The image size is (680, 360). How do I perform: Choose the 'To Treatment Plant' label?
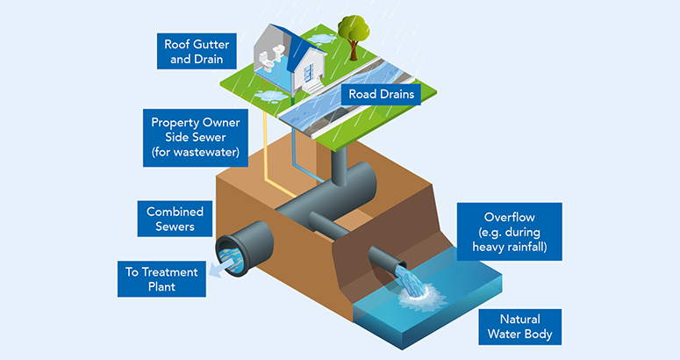pyautogui.click(x=161, y=277)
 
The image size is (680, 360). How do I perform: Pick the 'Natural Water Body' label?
pyautogui.click(x=519, y=327)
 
